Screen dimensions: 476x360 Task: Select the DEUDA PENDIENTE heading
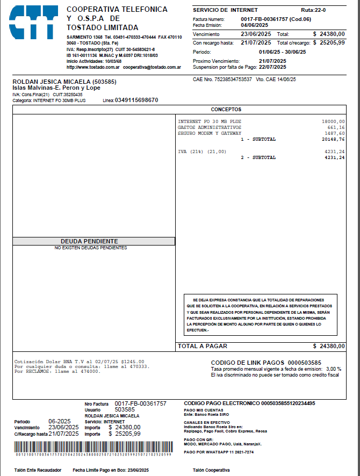click(89, 241)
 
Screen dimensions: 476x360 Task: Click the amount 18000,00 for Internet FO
click(333, 122)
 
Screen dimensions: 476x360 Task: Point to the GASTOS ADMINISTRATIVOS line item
click(209, 128)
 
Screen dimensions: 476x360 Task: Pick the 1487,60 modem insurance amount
click(334, 133)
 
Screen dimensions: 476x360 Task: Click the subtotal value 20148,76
click(333, 139)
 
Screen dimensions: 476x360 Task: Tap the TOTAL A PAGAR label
click(203, 346)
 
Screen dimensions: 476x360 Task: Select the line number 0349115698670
click(136, 100)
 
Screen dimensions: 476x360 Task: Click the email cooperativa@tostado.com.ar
click(152, 68)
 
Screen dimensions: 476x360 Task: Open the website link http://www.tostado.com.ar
click(92, 68)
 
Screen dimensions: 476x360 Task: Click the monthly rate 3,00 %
click(334, 369)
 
